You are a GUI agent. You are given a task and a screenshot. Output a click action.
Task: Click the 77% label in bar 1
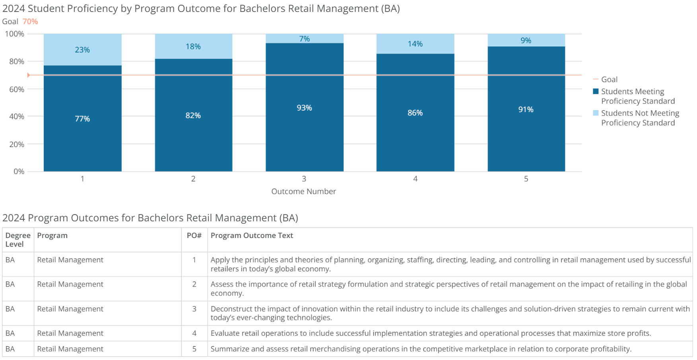click(82, 119)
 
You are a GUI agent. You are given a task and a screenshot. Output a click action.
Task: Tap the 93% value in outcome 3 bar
click(304, 108)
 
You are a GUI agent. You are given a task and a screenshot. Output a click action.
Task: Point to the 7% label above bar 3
click(304, 39)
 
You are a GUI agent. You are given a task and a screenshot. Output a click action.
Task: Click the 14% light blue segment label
click(415, 44)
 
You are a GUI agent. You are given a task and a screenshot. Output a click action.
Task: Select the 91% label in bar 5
click(526, 109)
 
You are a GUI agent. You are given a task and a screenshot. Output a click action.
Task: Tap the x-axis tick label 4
click(415, 179)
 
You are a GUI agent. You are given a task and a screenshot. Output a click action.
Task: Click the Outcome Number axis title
click(303, 192)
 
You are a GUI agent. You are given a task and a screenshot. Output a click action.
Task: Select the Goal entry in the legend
click(609, 79)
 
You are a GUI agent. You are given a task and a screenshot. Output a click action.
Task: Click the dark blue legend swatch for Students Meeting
click(596, 91)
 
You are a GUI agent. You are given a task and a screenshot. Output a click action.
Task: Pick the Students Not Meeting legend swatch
click(596, 113)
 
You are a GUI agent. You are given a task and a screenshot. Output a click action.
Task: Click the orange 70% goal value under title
click(30, 21)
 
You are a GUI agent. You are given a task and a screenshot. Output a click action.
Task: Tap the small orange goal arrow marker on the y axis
click(29, 75)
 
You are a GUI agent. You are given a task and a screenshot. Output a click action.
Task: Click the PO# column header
click(194, 236)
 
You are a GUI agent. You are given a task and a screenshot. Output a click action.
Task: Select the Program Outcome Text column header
click(252, 236)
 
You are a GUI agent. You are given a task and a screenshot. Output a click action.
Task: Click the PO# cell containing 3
click(194, 309)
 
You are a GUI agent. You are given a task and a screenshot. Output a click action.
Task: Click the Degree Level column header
click(17, 240)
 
